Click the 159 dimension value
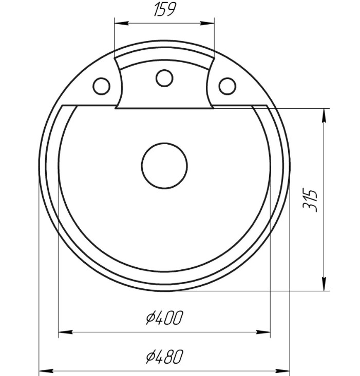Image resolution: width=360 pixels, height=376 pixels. click(x=165, y=9)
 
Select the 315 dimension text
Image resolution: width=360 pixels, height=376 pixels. click(x=310, y=201)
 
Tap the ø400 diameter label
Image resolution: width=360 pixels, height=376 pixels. click(x=165, y=318)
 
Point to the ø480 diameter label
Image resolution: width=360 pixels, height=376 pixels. click(x=165, y=357)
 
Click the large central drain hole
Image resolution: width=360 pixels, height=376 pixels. click(x=164, y=166)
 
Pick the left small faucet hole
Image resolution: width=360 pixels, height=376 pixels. click(x=102, y=86)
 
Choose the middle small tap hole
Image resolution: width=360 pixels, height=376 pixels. click(x=164, y=78)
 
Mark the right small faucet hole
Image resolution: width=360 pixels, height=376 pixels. click(x=228, y=86)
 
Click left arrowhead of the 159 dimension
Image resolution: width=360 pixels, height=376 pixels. click(x=121, y=23)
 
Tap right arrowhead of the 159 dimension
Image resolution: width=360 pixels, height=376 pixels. click(x=207, y=23)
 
